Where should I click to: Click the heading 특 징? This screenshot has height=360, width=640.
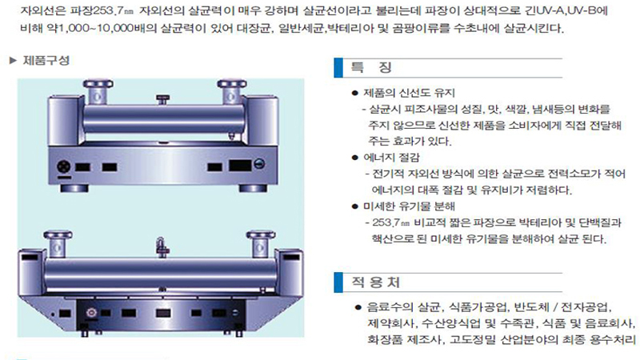[x=371, y=67]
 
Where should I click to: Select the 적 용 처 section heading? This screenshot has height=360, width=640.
[x=375, y=282]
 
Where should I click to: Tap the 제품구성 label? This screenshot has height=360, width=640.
[x=46, y=61]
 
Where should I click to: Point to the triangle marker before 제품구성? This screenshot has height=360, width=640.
[x=13, y=61]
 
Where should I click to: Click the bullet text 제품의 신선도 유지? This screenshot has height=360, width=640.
[x=409, y=93]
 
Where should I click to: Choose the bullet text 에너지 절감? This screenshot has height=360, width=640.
[x=391, y=158]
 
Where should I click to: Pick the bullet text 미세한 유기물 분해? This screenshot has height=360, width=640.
[x=409, y=206]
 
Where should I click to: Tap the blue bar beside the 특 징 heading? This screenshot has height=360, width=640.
[x=338, y=68]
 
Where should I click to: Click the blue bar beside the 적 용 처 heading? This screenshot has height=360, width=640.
[x=338, y=282]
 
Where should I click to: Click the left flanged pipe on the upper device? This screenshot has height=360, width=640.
[x=98, y=92]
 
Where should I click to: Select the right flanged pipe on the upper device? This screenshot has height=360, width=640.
[x=231, y=92]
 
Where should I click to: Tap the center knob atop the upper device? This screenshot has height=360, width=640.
[x=163, y=99]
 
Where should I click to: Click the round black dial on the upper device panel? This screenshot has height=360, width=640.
[x=64, y=166]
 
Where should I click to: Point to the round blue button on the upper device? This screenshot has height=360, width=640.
[x=259, y=164]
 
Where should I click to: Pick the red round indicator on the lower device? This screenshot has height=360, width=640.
[x=91, y=313]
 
